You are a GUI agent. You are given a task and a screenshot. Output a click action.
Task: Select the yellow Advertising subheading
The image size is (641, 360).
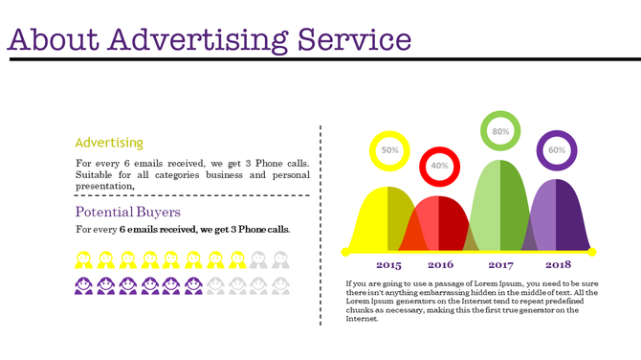pyautogui.click(x=109, y=143)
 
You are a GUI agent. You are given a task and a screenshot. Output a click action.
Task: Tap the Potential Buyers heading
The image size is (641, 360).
pyautogui.click(x=128, y=212)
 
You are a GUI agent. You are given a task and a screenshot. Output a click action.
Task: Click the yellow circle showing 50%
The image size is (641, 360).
pyautogui.click(x=389, y=150)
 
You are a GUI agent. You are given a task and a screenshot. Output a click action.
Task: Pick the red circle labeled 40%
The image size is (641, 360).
pyautogui.click(x=440, y=166)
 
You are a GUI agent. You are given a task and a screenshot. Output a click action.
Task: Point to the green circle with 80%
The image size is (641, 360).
pyautogui.click(x=500, y=131)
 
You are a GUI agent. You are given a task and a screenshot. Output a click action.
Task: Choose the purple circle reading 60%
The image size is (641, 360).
pyautogui.click(x=558, y=150)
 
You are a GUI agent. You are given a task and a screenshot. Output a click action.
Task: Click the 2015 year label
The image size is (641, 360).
pyautogui.click(x=388, y=265)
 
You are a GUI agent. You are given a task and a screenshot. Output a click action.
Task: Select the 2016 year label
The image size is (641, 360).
pyautogui.click(x=441, y=265)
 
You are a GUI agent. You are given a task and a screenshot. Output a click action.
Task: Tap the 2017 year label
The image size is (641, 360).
pyautogui.click(x=500, y=265)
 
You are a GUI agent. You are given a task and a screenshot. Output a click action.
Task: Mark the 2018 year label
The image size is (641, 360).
pyautogui.click(x=559, y=265)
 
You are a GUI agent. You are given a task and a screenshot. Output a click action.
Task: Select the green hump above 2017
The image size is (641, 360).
pyautogui.click(x=500, y=206)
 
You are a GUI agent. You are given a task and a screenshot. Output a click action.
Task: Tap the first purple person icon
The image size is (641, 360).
pyautogui.click(x=83, y=285)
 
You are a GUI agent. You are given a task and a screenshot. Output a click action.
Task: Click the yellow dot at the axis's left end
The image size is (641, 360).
pyautogui.click(x=345, y=252)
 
